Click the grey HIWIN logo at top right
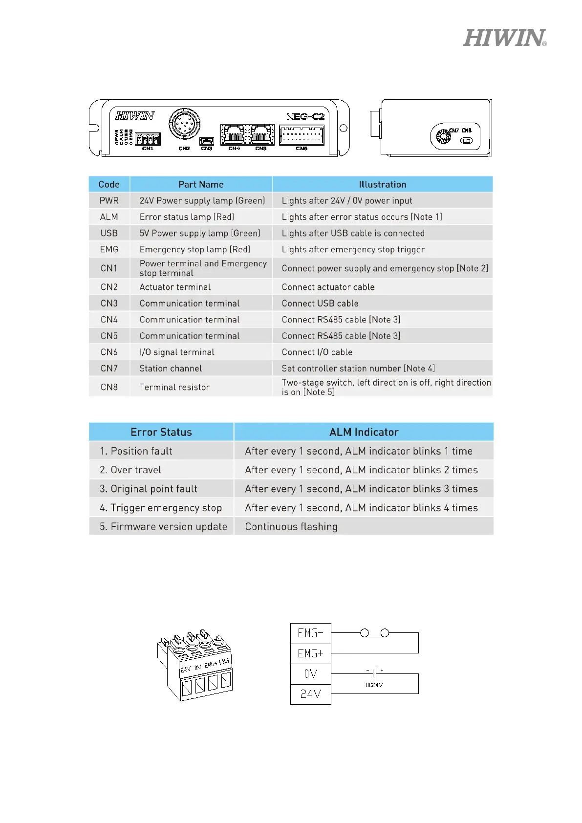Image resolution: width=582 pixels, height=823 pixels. coord(504,38)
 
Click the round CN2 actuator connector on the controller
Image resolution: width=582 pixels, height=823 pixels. coord(184,124)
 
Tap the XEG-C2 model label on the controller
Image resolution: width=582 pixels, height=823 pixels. coord(305,116)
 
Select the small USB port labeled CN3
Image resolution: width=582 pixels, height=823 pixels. coord(207,141)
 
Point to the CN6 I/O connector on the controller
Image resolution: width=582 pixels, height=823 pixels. coord(302,135)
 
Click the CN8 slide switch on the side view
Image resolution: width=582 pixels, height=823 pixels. coord(467,141)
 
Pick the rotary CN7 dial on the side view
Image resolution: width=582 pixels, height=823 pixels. coord(443,136)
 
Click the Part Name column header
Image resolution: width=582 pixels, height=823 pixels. coord(201,184)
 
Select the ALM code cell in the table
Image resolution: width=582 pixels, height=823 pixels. coord(109,217)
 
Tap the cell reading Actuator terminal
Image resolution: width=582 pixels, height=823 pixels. coord(175,287)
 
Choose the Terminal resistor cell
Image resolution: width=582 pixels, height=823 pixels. coord(174,387)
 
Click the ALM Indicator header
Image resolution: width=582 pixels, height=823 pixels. coord(364,432)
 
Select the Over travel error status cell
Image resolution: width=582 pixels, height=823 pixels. coord(130,470)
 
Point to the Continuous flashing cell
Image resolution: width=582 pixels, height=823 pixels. coord(291,527)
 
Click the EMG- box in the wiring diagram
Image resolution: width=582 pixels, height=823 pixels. coord(310,633)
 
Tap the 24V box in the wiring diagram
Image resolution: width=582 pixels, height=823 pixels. coord(310,694)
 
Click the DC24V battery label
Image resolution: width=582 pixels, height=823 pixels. coord(374,685)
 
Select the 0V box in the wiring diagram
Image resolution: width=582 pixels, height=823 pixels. coord(310,674)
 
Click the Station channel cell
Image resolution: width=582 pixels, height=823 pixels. coord(171,368)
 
